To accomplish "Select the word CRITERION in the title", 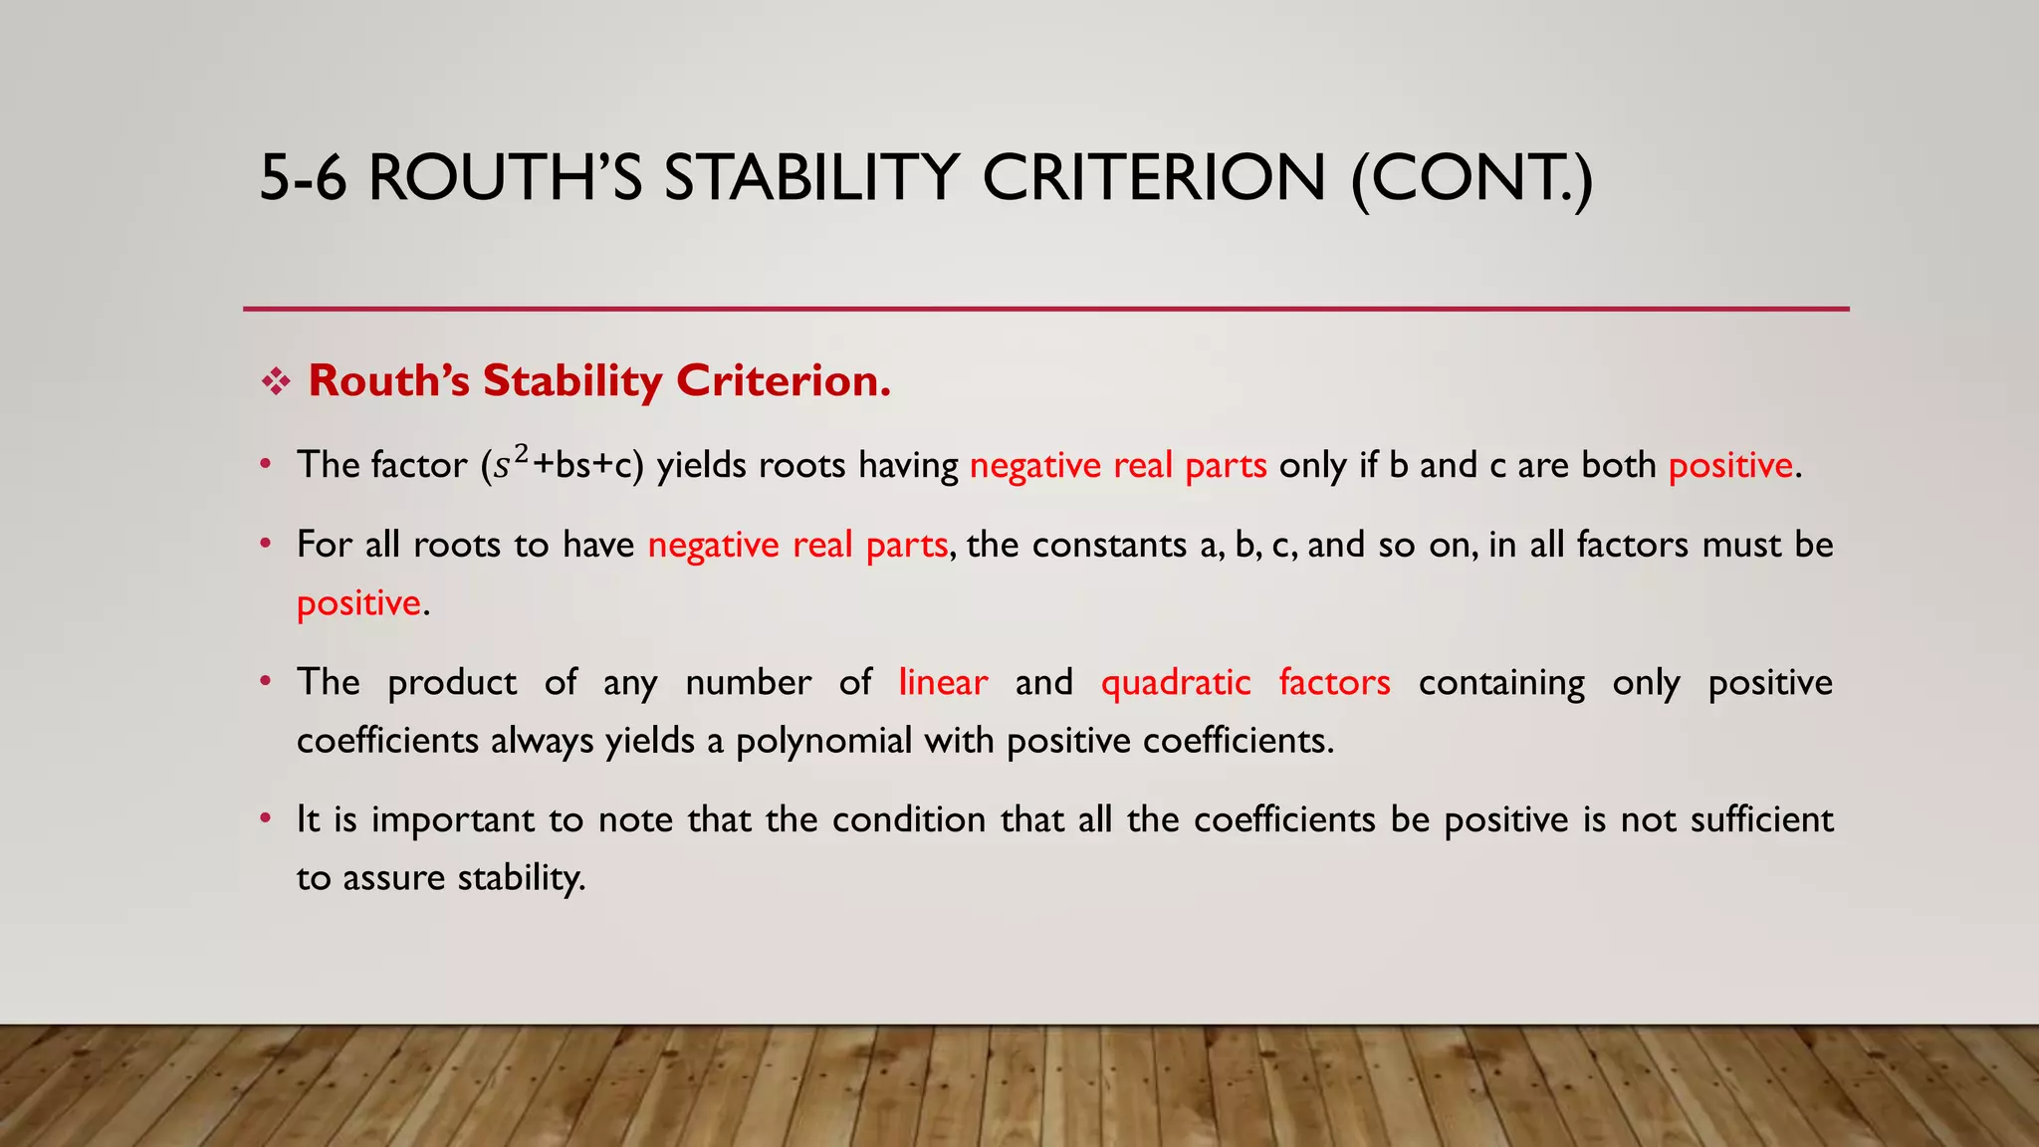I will (x=1154, y=178).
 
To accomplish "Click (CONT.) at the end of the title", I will (x=1472, y=178).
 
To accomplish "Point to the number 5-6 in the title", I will (x=303, y=178).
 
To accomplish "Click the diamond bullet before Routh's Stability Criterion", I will (x=275, y=381).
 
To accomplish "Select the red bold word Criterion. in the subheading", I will (x=784, y=380).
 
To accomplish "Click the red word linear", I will (x=943, y=682).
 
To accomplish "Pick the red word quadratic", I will (x=1176, y=682).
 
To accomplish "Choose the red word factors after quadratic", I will (x=1334, y=682).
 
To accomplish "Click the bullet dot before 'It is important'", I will (x=265, y=818).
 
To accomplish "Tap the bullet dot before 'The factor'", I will (x=265, y=463).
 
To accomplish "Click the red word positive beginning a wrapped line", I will (x=358, y=603).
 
